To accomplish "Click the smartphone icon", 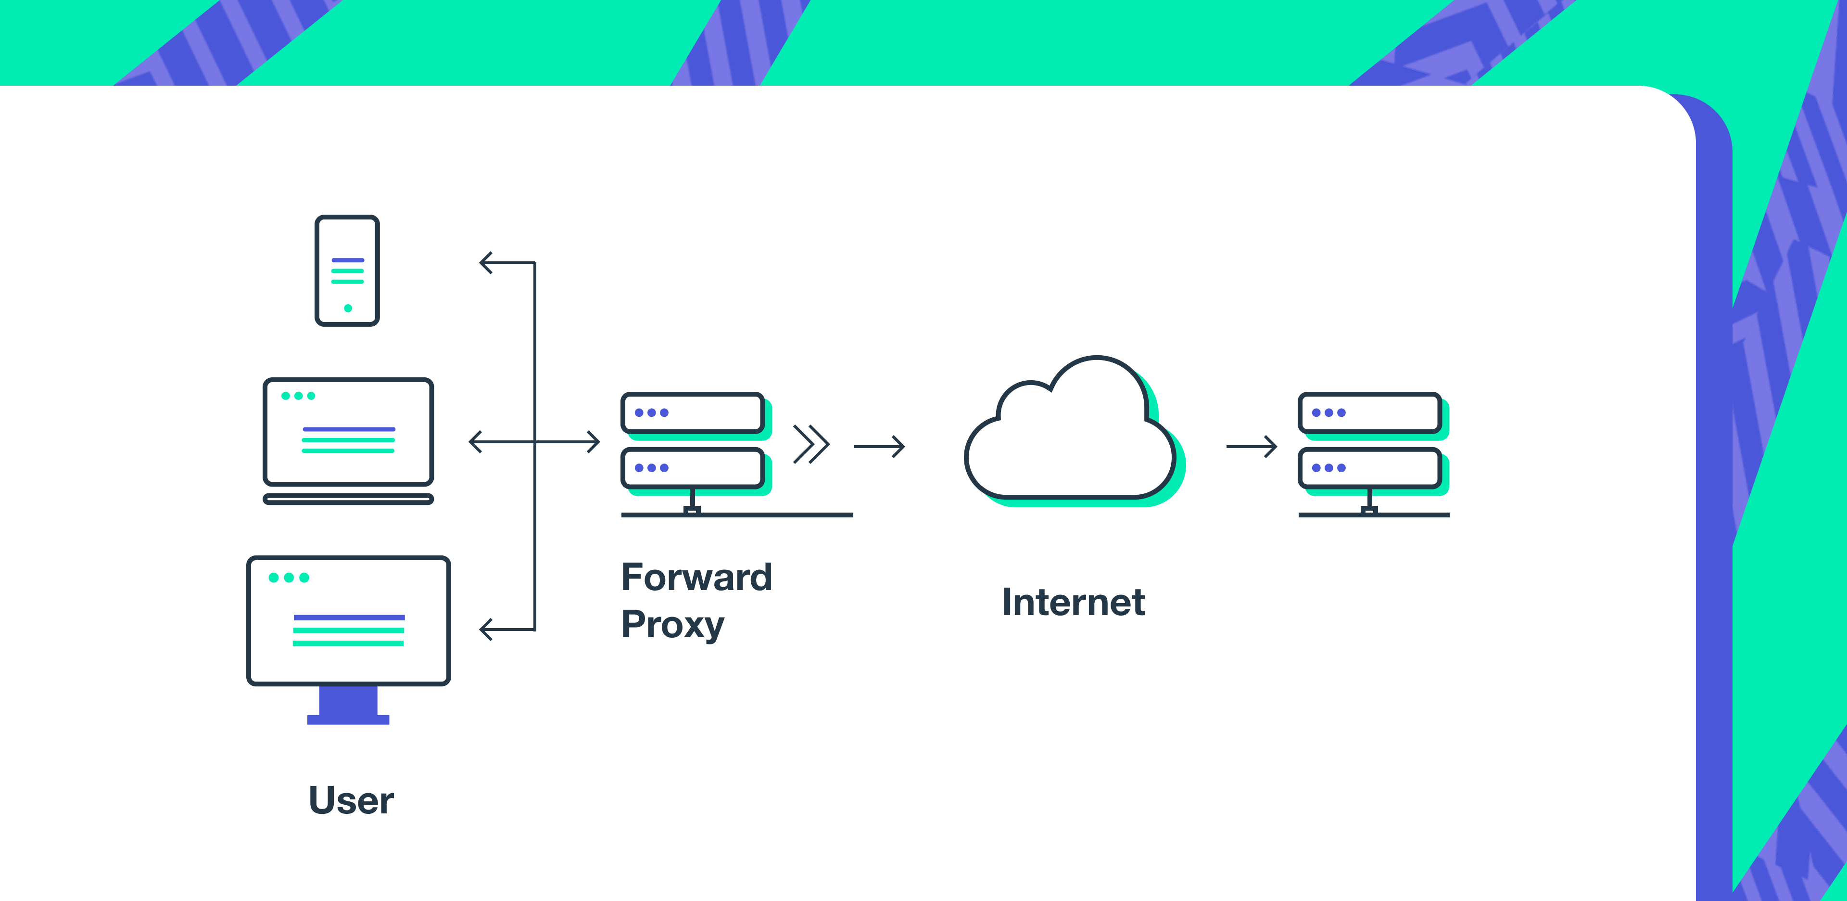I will click(347, 270).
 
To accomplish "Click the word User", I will click(351, 800).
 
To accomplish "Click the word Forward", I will click(696, 578).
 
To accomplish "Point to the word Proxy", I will click(672, 624).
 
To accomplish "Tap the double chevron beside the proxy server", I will click(811, 445).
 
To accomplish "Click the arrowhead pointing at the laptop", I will click(475, 442).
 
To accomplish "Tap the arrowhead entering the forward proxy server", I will click(593, 442).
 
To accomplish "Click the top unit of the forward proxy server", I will click(692, 412).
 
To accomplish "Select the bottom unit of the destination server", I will click(1369, 468).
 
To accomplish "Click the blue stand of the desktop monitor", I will click(348, 705).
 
